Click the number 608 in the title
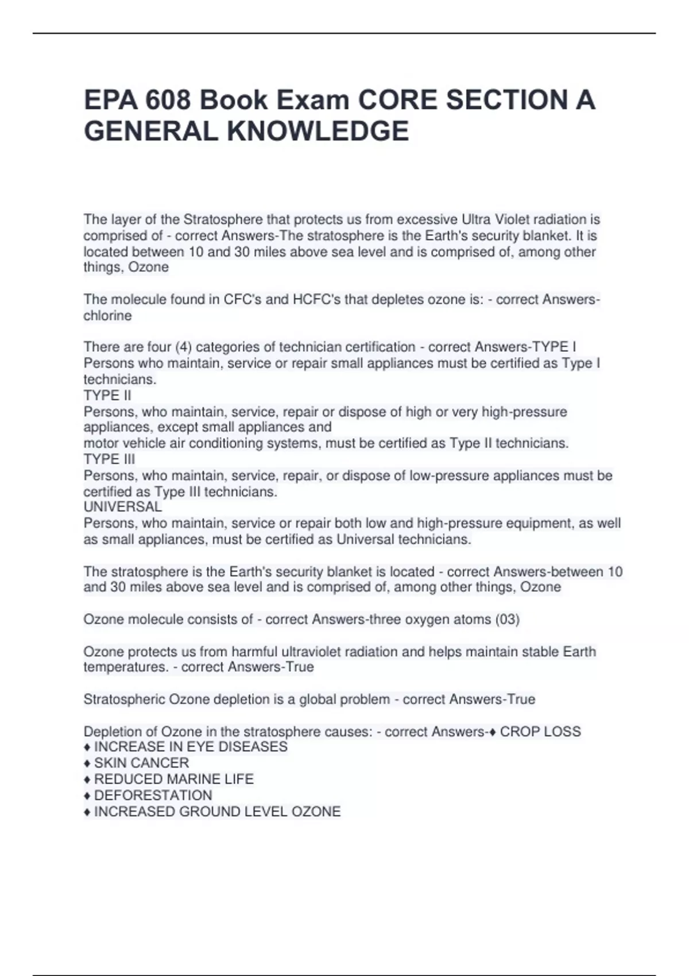[x=168, y=100]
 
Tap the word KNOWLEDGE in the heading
[x=318, y=131]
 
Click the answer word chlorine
[x=107, y=316]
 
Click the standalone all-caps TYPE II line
[x=107, y=396]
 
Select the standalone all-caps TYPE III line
[x=110, y=459]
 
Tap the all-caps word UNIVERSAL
[x=123, y=507]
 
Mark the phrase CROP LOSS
[x=540, y=731]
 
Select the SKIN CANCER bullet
[x=141, y=763]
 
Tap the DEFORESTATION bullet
[x=153, y=795]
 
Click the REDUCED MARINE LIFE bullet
[x=173, y=779]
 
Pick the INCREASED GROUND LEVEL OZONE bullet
[x=217, y=811]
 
